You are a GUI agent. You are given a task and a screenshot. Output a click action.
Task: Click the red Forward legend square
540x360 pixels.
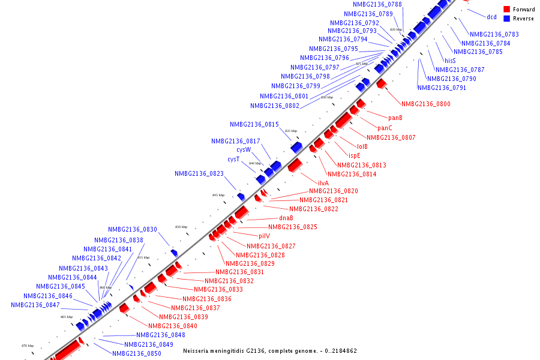(x=507, y=9)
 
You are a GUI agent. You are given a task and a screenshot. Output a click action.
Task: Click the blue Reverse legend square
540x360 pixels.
(x=507, y=18)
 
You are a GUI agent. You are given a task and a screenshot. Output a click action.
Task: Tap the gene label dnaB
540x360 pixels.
(x=286, y=218)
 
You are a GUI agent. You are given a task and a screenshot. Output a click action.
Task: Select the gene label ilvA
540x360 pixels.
(x=323, y=183)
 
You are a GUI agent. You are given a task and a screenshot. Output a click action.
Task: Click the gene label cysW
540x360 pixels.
(x=244, y=149)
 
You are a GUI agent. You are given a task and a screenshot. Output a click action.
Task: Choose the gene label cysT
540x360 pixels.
(x=233, y=159)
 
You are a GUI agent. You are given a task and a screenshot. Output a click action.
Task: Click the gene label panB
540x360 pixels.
(x=395, y=118)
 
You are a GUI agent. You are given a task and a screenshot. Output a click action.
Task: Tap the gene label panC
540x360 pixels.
(x=385, y=128)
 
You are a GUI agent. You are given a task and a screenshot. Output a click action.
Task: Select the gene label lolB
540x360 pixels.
(x=362, y=146)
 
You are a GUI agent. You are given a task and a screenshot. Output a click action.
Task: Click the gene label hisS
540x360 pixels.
(x=450, y=61)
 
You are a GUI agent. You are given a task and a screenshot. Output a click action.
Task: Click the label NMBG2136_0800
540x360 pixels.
(x=426, y=104)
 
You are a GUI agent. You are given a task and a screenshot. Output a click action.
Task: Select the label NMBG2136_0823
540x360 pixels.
(x=199, y=173)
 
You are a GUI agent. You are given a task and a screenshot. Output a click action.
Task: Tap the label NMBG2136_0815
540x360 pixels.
(x=254, y=124)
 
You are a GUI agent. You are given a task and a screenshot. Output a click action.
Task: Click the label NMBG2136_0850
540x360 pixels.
(x=137, y=353)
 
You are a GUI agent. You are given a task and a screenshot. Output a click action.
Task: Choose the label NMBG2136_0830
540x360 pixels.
(x=133, y=229)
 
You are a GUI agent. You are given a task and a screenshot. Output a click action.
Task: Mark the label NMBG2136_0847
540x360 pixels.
(x=35, y=305)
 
